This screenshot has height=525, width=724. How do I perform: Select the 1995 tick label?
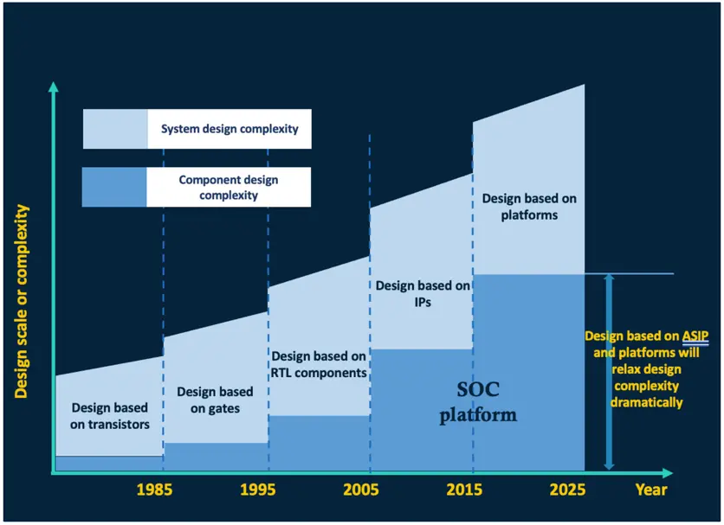[x=257, y=490]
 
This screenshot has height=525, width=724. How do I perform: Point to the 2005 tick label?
[x=360, y=490]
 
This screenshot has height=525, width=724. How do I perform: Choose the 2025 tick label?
[x=567, y=490]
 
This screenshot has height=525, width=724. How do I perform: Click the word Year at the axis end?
[x=651, y=490]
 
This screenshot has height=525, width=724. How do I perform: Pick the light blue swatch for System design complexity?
[x=114, y=129]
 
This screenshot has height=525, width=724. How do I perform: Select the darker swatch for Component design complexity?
[x=114, y=188]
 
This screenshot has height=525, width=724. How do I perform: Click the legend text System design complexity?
[x=229, y=129]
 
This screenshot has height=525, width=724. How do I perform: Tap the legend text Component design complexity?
[x=229, y=188]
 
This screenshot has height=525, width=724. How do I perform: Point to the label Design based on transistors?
[x=109, y=415]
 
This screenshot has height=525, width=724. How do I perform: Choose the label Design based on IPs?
[x=421, y=294]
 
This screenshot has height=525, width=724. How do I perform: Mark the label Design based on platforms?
[x=528, y=207]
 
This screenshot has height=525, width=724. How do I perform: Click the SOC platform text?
[x=478, y=403]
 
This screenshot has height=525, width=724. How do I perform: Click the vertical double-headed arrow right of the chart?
[x=609, y=372]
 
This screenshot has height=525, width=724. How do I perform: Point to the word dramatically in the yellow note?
[x=646, y=402]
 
